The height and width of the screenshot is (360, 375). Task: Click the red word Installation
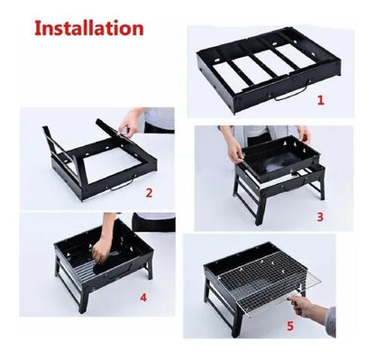[x=89, y=28]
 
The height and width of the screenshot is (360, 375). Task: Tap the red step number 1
[x=321, y=100]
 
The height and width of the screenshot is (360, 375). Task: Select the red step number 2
[x=149, y=193]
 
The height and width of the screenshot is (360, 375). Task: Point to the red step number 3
[x=320, y=217]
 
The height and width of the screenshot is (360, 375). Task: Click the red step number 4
[x=143, y=298]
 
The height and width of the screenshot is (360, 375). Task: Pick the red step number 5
[x=290, y=326]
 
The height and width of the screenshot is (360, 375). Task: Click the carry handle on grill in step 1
[x=292, y=91]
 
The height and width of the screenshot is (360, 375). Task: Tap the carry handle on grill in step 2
[x=123, y=184]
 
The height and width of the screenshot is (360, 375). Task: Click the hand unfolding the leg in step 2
[x=129, y=124]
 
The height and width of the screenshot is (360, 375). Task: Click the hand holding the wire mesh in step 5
[x=304, y=307]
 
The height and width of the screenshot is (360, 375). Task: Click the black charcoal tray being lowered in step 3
[x=280, y=159]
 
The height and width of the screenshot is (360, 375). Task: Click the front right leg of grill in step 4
[x=150, y=269]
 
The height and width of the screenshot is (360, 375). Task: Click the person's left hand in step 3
[x=305, y=134]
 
